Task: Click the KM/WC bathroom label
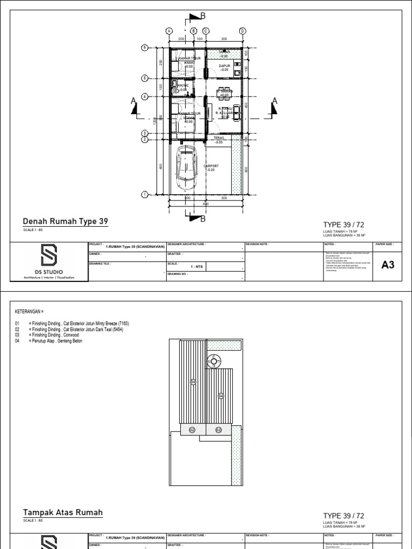tap(182, 87)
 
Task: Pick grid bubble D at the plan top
tap(242, 31)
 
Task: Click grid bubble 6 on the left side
tap(144, 48)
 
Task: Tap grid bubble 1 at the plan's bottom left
tap(144, 194)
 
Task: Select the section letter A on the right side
tap(275, 101)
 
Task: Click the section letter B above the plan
tap(203, 16)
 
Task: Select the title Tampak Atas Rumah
tap(63, 513)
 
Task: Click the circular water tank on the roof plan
tap(214, 362)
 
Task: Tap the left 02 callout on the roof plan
tap(192, 429)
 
